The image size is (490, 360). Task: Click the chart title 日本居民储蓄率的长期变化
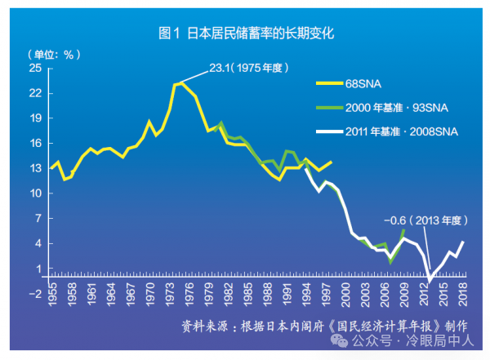(246, 34)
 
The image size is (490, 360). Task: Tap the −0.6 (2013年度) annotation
(424, 220)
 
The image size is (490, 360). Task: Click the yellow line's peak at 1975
(180, 82)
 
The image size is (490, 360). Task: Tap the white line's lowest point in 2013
(430, 281)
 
